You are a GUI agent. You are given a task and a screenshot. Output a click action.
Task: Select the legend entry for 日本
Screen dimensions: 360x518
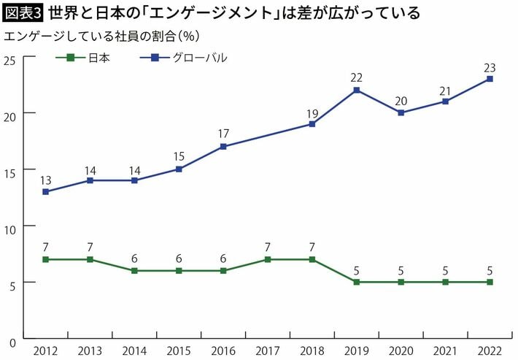pyautogui.click(x=84, y=58)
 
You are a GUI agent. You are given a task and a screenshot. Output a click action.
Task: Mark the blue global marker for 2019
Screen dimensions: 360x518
pyautogui.click(x=357, y=90)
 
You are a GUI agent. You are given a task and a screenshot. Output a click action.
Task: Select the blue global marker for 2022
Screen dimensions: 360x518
pyautogui.click(x=490, y=79)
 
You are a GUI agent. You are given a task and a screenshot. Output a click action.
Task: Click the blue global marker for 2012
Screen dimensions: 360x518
pyautogui.click(x=46, y=191)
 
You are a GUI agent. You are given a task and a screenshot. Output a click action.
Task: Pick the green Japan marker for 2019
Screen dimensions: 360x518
pyautogui.click(x=357, y=282)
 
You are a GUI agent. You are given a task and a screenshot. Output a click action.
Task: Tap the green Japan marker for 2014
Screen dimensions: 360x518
pyautogui.click(x=134, y=270)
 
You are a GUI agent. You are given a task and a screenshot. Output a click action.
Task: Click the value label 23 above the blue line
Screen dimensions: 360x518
pyautogui.click(x=490, y=68)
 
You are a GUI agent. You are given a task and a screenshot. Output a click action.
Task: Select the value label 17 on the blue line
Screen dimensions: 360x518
pyautogui.click(x=223, y=134)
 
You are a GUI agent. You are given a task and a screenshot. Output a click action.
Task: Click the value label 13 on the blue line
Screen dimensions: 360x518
pyautogui.click(x=46, y=180)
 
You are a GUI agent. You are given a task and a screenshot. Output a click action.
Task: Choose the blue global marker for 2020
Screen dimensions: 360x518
pyautogui.click(x=401, y=112)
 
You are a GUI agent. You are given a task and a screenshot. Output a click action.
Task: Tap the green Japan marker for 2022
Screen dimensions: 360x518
pyautogui.click(x=490, y=282)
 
